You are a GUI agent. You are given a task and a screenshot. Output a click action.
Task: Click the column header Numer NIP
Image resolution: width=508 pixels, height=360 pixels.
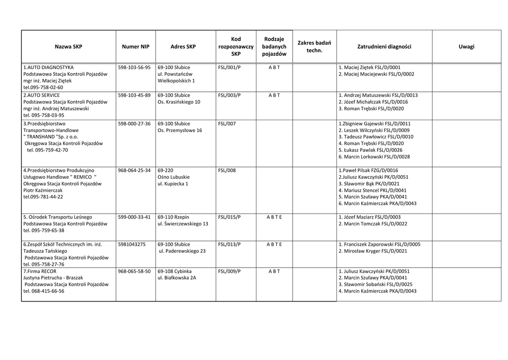[x=135, y=47]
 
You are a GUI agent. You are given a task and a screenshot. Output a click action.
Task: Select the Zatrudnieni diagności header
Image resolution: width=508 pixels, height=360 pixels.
[x=384, y=47]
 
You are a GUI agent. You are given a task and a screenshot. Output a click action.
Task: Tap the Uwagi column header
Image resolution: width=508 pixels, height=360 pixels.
[x=466, y=47]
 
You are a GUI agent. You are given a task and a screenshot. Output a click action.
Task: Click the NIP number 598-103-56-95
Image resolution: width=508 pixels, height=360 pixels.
[x=134, y=67]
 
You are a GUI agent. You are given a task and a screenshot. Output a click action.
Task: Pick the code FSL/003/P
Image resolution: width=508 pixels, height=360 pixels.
[x=229, y=95]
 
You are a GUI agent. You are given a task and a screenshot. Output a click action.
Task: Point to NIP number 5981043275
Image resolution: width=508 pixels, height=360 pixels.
[x=132, y=244]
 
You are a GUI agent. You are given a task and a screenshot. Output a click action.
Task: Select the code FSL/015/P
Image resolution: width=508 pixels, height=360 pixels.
[x=229, y=217]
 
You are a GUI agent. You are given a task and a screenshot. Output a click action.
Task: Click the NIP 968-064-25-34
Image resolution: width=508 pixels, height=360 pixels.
[x=134, y=170]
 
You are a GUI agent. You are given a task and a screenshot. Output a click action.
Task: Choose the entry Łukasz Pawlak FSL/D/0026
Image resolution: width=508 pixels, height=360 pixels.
[x=370, y=150]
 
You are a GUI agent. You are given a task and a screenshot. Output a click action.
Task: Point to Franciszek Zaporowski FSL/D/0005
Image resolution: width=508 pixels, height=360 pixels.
[x=379, y=244]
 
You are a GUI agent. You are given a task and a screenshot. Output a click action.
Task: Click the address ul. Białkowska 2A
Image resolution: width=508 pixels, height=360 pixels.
[x=177, y=278]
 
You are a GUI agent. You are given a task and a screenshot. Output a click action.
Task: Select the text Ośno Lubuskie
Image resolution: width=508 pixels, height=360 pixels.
[x=173, y=177]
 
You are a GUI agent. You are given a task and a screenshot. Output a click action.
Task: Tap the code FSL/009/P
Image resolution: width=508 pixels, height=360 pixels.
[x=229, y=271]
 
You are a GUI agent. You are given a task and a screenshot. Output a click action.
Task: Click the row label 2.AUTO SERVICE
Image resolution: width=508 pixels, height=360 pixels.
[x=42, y=95]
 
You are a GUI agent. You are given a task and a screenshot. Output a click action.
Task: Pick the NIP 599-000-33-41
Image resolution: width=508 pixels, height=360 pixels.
[x=134, y=217]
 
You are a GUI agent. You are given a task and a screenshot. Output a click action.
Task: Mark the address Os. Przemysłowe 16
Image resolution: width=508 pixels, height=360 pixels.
[x=180, y=130]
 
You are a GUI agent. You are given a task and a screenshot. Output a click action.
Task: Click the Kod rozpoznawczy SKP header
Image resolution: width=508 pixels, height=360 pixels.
[x=236, y=47]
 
